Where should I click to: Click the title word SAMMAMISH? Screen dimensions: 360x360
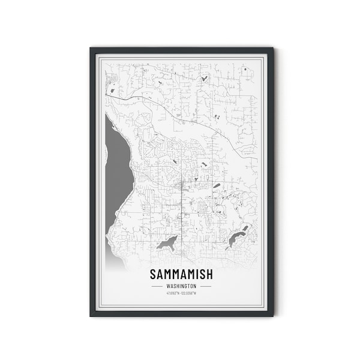click(181, 275)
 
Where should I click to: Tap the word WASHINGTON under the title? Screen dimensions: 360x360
click(181, 286)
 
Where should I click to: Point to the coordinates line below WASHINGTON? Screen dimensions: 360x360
click(181, 293)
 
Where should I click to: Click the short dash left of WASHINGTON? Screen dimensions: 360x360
click(157, 286)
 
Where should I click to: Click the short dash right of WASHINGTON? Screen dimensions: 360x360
click(205, 286)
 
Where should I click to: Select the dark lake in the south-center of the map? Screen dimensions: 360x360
click(167, 243)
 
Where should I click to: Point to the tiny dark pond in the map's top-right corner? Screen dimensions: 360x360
click(245, 69)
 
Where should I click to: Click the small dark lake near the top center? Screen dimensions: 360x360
click(205, 78)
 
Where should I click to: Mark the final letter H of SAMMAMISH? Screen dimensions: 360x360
click(209, 275)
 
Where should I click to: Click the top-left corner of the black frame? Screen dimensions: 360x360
click(91, 49)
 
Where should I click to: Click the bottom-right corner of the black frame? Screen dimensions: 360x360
click(272, 315)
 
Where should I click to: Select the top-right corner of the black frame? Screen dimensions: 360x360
click(272, 49)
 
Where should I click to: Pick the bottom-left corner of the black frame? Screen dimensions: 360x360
click(91, 315)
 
